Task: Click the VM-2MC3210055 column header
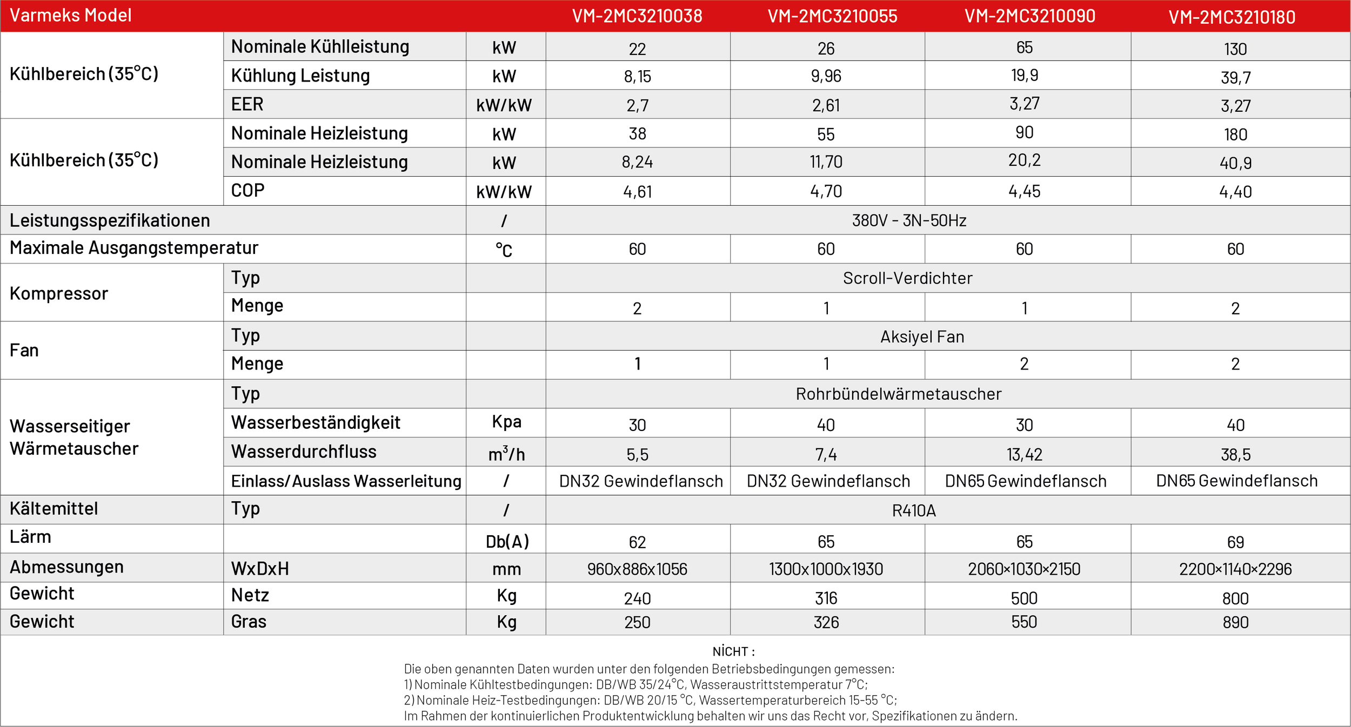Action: pos(832,16)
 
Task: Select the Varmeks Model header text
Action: pos(70,15)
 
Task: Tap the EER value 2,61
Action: pos(826,105)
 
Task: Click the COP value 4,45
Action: pos(1024,191)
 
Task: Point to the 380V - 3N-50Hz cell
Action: pos(909,220)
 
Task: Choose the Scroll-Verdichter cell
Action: pos(907,278)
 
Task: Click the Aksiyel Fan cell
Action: pos(922,336)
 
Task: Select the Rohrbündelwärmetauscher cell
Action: pos(898,394)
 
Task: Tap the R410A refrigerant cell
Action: pos(914,510)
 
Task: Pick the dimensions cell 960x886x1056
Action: pos(637,569)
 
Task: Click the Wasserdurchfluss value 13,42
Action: pos(1024,454)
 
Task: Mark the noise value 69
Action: pos(1235,542)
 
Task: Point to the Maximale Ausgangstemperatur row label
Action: pos(134,248)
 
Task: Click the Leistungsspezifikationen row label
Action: pos(110,220)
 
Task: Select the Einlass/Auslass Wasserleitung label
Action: pos(346,481)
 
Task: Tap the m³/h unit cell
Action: pos(506,453)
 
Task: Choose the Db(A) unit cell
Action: pos(507,541)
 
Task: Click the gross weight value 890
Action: pos(1235,622)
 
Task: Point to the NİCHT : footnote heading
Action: pos(733,651)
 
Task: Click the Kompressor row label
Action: pos(59,293)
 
